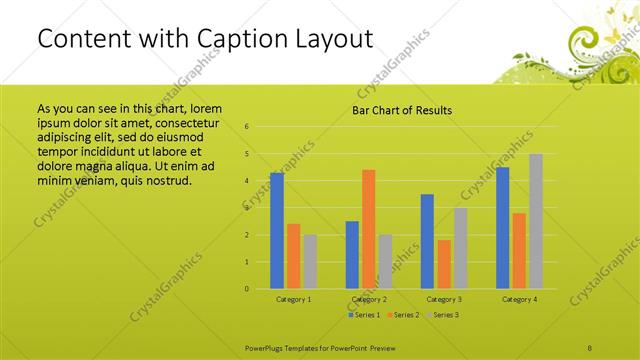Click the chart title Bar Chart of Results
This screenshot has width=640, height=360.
[401, 110]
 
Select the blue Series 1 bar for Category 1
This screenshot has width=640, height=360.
[277, 231]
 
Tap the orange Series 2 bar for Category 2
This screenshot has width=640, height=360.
[368, 229]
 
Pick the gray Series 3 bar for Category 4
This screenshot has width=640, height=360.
[535, 221]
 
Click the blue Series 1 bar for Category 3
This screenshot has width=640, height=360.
[427, 241]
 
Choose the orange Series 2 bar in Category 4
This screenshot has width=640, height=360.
[519, 251]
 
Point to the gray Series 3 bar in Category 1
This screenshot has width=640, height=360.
[310, 262]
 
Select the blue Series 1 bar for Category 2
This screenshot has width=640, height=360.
[352, 255]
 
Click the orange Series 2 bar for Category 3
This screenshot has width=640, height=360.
[443, 264]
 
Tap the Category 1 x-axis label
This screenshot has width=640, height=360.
[293, 299]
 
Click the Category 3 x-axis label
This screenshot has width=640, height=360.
[443, 299]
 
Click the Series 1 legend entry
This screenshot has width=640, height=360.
[365, 315]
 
